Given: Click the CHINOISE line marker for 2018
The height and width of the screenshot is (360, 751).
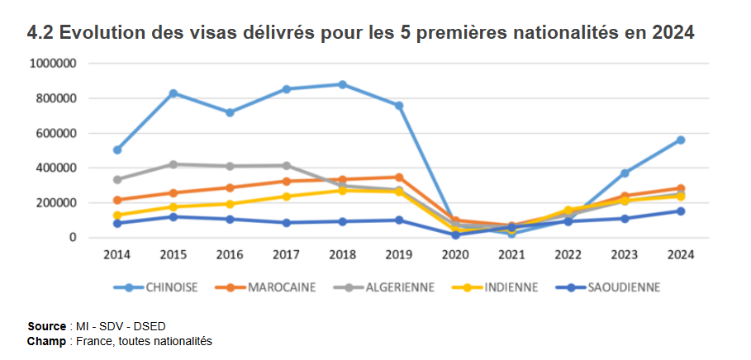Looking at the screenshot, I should pyautogui.click(x=342, y=84).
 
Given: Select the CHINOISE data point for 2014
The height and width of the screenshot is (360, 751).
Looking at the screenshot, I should pyautogui.click(x=117, y=149).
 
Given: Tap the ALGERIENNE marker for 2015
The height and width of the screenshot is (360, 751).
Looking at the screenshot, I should pyautogui.click(x=173, y=164).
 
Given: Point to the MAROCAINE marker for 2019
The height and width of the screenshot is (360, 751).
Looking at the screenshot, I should pyautogui.click(x=398, y=177).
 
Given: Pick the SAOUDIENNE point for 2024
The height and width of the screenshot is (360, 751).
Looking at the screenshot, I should pyautogui.click(x=681, y=211).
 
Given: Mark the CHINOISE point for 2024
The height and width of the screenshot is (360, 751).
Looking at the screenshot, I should pyautogui.click(x=681, y=140).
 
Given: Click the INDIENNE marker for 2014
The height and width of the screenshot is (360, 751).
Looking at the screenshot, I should pyautogui.click(x=117, y=216).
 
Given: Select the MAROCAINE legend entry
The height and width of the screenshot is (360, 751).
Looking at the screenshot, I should pyautogui.click(x=264, y=287).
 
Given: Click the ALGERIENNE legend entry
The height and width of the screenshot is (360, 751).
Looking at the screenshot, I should pyautogui.click(x=375, y=287).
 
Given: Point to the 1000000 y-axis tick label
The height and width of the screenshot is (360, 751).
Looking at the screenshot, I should pyautogui.click(x=53, y=64).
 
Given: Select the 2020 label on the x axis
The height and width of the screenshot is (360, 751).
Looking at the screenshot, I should pyautogui.click(x=455, y=254).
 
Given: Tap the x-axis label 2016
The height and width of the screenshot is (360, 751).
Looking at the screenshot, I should pyautogui.click(x=230, y=254).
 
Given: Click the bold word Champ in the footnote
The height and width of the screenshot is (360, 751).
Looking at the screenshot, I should pyautogui.click(x=46, y=340).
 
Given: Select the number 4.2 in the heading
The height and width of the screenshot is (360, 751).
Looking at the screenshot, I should pyautogui.click(x=40, y=34).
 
